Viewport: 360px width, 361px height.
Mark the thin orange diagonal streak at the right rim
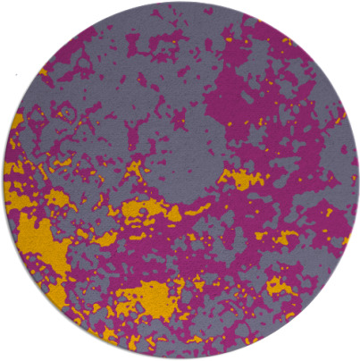[x=339, y=117]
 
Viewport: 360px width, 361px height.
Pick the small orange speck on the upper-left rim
[x=44, y=72]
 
